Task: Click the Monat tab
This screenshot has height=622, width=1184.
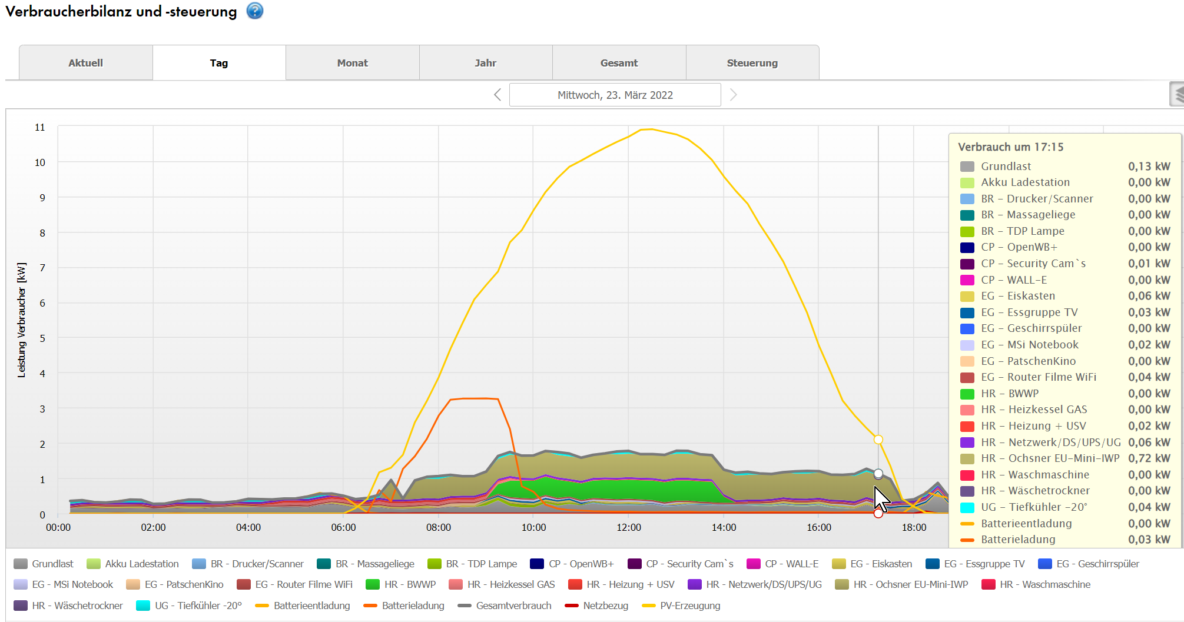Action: (352, 63)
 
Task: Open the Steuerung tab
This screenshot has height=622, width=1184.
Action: (752, 63)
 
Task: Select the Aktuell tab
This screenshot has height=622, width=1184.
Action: (85, 63)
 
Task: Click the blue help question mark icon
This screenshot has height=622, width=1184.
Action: (255, 11)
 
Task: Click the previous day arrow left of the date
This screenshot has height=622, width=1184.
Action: (498, 95)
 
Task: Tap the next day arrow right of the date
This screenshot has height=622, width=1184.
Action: (733, 95)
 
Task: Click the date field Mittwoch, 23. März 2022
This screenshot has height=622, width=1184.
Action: (615, 95)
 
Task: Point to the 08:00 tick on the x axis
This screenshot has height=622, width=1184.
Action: (439, 527)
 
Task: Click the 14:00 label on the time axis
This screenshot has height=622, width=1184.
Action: (724, 527)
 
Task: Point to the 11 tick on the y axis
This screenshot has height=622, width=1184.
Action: (40, 127)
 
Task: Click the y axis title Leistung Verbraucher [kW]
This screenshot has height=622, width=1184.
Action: (22, 320)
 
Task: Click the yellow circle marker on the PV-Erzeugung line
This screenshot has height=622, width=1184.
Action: (878, 440)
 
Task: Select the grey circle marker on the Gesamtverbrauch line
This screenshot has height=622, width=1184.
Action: (878, 474)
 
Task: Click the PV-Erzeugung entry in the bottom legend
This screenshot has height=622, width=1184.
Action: (689, 606)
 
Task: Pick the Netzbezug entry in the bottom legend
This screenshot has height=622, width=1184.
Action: (605, 606)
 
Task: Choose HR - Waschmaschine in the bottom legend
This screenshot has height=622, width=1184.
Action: (1044, 584)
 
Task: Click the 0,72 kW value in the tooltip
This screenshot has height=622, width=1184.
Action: (1149, 458)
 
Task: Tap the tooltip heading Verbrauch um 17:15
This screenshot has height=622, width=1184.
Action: (1010, 147)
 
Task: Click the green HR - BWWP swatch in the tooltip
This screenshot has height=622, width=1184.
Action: (967, 394)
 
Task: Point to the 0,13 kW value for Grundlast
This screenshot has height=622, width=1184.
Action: (1149, 167)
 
